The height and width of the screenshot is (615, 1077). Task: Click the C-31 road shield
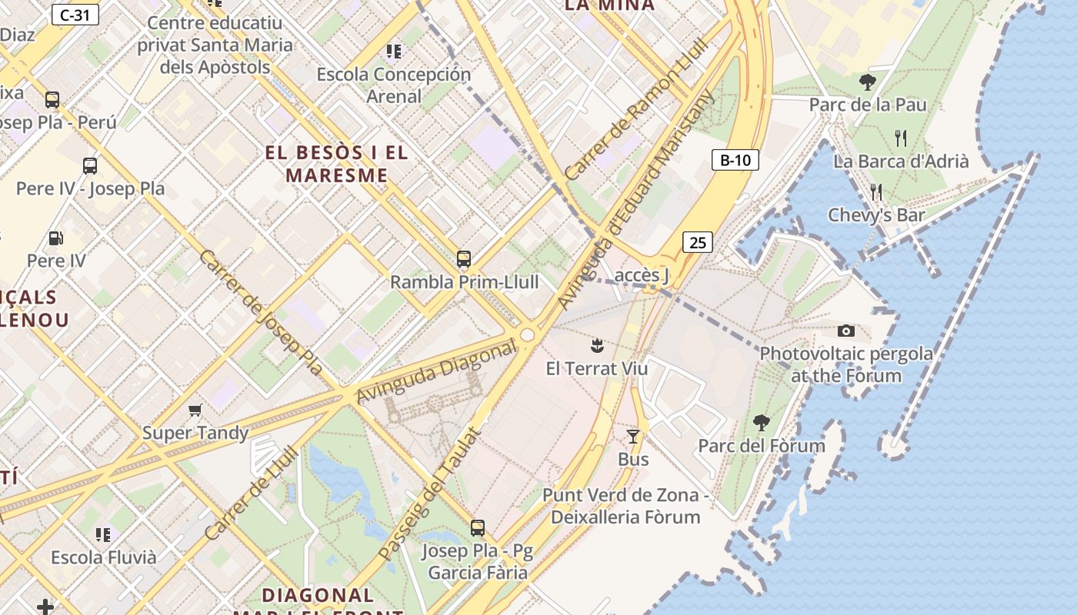tap(75, 14)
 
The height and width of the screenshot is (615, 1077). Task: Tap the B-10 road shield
tap(735, 160)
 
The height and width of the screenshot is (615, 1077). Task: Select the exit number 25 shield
tap(697, 242)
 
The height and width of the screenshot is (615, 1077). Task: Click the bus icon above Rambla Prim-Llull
tap(463, 259)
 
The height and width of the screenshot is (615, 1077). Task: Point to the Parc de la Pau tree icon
tap(868, 81)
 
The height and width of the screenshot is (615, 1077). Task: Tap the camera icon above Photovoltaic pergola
tap(846, 331)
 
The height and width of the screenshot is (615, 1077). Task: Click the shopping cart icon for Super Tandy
tap(195, 411)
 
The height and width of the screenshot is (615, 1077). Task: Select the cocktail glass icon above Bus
tap(633, 437)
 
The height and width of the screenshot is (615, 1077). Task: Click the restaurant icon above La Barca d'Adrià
tap(901, 138)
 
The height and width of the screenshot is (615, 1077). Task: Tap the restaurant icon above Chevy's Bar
tap(875, 191)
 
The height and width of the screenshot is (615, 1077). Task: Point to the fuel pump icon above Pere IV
tap(56, 238)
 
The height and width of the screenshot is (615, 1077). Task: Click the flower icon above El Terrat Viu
tap(597, 345)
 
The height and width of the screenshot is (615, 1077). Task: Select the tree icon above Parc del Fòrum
tap(762, 422)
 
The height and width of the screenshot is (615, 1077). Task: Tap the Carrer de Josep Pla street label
tap(261, 312)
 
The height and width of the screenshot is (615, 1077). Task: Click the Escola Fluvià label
tap(104, 557)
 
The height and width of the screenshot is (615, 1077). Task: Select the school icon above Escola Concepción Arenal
tap(394, 52)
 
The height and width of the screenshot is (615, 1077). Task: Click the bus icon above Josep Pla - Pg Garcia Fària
tap(478, 528)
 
